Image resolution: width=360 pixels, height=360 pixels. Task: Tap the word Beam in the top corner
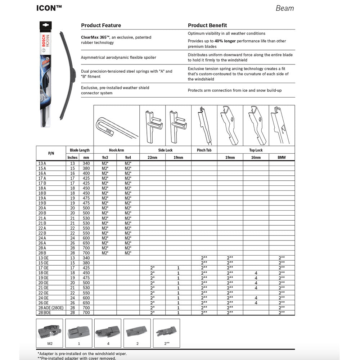point(285,8)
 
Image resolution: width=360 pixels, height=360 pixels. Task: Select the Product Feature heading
point(101,25)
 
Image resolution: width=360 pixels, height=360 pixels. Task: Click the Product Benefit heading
point(207,25)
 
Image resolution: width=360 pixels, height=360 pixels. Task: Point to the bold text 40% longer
point(225,41)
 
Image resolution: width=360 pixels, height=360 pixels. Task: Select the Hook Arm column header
point(116,150)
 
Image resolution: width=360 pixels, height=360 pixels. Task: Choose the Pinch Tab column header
point(204,150)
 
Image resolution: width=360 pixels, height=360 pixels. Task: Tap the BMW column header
point(282,157)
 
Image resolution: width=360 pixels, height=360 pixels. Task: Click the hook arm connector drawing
point(116,126)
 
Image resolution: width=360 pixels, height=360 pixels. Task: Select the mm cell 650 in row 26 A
point(86,243)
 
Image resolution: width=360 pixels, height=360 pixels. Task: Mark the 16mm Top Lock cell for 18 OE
point(256,273)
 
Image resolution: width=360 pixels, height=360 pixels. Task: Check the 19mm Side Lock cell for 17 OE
point(178,268)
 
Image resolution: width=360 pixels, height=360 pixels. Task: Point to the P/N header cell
point(51,153)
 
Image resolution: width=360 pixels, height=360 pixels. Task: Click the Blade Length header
point(80,150)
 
